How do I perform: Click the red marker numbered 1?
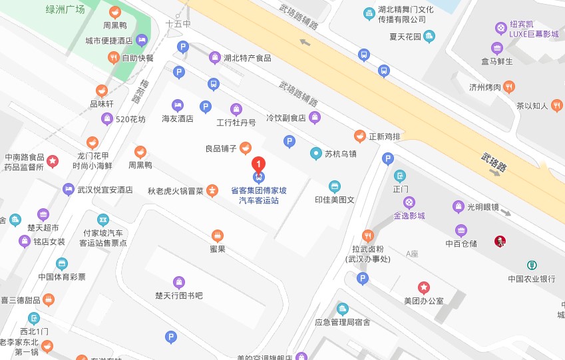point(258,164)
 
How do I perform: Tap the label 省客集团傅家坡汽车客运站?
point(259,194)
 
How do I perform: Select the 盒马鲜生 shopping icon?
point(496,48)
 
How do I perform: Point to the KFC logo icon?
point(500,241)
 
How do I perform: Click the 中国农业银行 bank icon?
point(532,266)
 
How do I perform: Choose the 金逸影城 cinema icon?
point(410,202)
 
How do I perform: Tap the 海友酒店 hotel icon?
point(177,104)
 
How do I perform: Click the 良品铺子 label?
point(221,148)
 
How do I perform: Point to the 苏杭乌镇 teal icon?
point(316,154)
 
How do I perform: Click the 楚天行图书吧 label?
point(178,295)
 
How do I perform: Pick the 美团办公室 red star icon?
point(424,287)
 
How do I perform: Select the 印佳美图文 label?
point(335,199)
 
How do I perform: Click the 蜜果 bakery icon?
point(217,235)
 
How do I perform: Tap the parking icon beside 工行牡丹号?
point(206,106)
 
